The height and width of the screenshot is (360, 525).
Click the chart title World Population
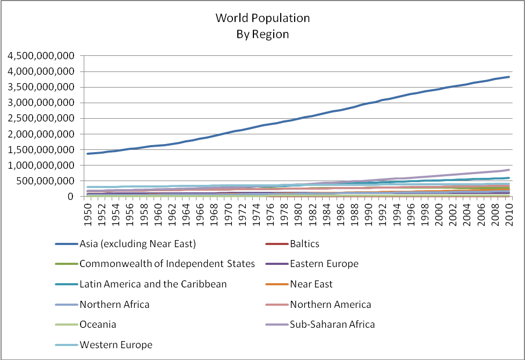pos(262,18)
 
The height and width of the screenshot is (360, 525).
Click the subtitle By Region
pos(262,34)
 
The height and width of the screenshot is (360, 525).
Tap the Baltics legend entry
pos(304,244)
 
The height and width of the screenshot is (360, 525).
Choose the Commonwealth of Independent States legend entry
pos(166,264)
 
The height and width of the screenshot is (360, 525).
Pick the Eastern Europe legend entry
pos(324,264)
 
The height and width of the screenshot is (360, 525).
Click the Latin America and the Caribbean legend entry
pos(153,284)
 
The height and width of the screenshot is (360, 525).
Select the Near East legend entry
pos(311,284)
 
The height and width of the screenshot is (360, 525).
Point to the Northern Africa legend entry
pos(114,305)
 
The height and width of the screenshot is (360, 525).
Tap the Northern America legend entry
pos(330,305)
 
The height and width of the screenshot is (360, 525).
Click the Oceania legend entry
pos(98,325)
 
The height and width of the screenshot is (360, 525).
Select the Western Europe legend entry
pos(116,345)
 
